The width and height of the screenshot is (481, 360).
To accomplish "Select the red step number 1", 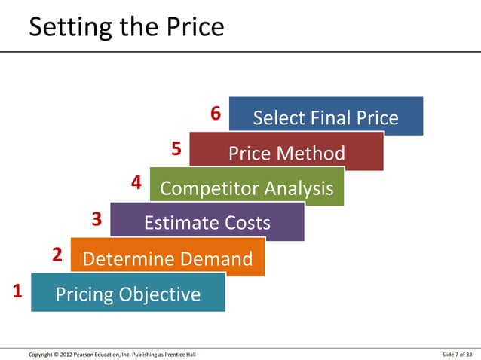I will [17, 291].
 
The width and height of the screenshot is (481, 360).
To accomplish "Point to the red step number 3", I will [96, 220].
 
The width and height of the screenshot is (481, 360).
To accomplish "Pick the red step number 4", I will [136, 183].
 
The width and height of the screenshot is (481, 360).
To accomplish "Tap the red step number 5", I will [176, 148].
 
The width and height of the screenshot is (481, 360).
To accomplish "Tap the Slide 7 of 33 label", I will [458, 354].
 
